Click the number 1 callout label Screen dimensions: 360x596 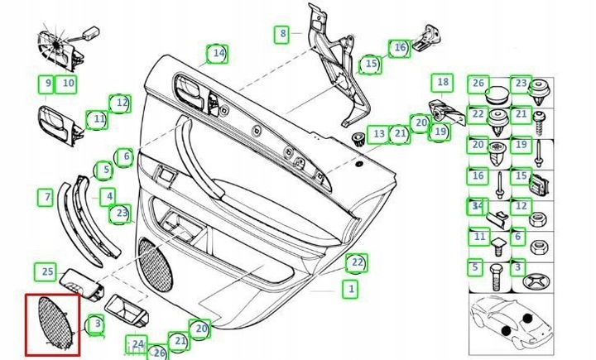click(x=351, y=290)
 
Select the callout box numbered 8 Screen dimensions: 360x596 click(x=283, y=34)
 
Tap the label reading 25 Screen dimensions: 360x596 click(x=47, y=271)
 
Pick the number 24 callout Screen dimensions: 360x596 click(x=137, y=343)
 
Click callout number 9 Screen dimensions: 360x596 click(x=48, y=83)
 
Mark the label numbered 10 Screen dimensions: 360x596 click(x=68, y=83)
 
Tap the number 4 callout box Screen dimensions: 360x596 click(x=108, y=197)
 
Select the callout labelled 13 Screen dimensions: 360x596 click(x=378, y=132)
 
